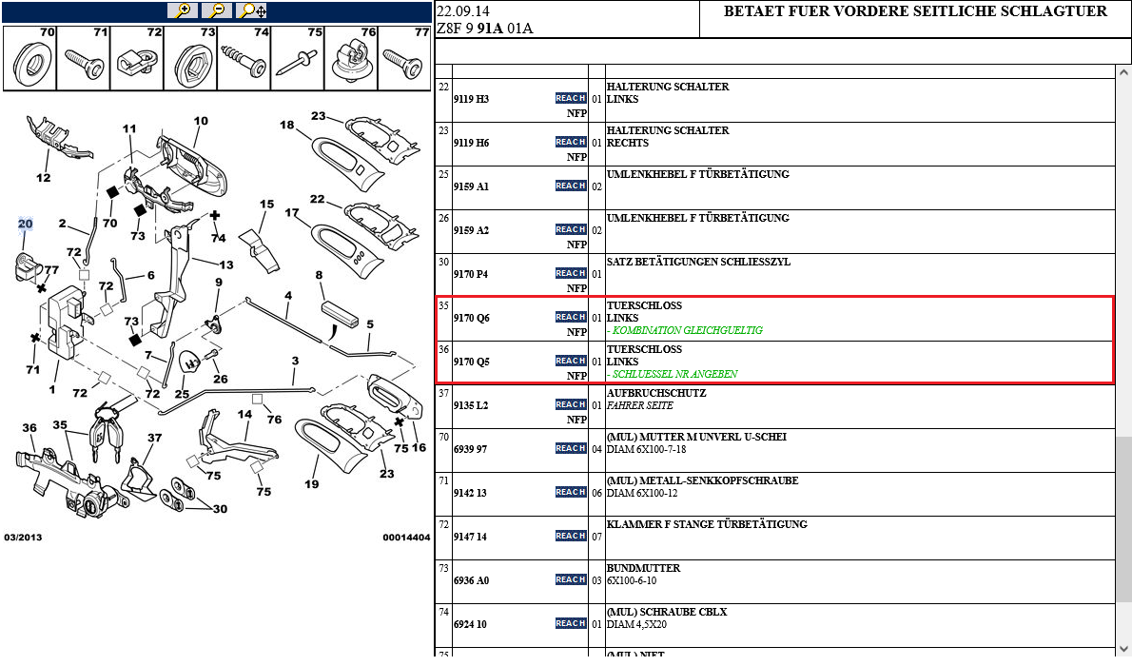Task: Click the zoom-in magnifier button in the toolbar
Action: tap(182, 10)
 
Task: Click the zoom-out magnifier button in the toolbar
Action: tap(217, 10)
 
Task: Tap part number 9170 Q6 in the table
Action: tap(471, 318)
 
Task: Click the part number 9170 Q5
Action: tap(471, 362)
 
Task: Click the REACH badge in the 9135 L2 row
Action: tap(571, 404)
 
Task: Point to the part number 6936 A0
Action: tap(471, 580)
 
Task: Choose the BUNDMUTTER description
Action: tap(644, 568)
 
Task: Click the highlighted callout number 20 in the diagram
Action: tap(26, 224)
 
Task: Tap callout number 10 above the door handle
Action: tap(201, 121)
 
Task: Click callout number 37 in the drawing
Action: tap(154, 439)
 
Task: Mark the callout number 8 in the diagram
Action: tap(320, 276)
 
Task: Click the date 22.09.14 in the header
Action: tap(463, 11)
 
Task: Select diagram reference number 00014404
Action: tap(406, 538)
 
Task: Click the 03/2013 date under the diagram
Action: tap(23, 538)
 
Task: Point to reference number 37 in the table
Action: tap(443, 393)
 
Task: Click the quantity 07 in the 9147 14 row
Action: tap(596, 537)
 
